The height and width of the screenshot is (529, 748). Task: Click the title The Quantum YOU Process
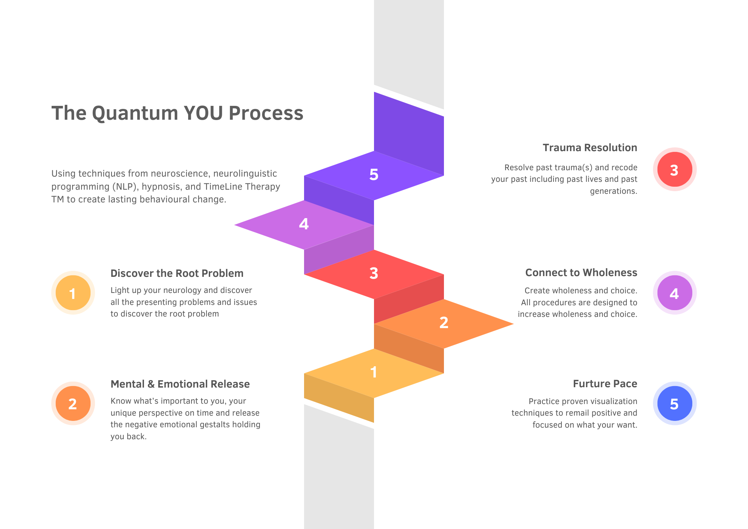click(177, 113)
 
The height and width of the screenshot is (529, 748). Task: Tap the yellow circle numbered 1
click(73, 293)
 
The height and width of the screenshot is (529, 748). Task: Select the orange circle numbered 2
click(73, 404)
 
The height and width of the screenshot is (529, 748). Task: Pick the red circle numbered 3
click(675, 169)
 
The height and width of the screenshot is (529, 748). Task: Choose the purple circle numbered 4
click(675, 293)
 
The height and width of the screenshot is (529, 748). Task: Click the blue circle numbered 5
click(675, 404)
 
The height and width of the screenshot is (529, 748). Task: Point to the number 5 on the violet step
click(374, 175)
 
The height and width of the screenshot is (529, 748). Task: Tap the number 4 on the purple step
click(304, 224)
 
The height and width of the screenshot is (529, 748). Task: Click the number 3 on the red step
click(374, 273)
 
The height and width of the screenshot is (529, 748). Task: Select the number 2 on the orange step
click(444, 323)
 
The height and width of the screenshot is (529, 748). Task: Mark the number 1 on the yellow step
click(374, 372)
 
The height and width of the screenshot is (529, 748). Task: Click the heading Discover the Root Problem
click(177, 273)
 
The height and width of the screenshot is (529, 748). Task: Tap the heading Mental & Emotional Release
click(180, 384)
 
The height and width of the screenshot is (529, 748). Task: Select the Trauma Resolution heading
click(590, 148)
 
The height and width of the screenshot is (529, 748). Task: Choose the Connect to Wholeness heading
click(581, 273)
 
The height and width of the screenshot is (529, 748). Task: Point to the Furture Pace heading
click(605, 384)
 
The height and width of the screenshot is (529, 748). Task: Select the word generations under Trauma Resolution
click(613, 191)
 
